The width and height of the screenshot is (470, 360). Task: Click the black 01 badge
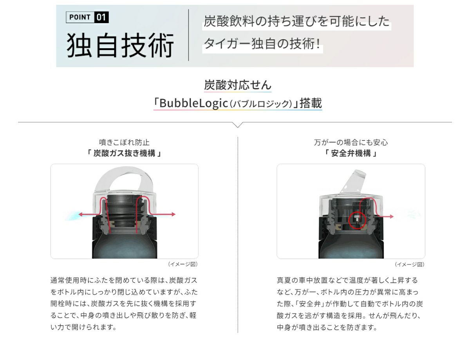101,17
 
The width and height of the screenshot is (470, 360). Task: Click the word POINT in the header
80,17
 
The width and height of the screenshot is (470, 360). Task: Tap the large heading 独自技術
120,45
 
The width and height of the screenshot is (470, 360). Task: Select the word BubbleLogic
194,103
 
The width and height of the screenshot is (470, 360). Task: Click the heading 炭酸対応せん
238,85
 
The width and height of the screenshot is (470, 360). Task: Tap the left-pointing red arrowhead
80,214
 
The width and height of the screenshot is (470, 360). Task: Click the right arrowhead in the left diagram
174,214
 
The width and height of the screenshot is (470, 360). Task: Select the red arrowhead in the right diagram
392,216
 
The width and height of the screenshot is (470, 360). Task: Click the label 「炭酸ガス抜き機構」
124,153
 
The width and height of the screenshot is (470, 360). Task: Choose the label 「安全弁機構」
351,153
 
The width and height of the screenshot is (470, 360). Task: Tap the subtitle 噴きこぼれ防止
124,142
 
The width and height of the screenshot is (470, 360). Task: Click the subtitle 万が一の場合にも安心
351,142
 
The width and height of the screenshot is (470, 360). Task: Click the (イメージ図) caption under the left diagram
183,264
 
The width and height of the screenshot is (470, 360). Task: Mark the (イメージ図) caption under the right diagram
409,265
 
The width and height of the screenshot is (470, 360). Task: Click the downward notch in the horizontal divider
237,125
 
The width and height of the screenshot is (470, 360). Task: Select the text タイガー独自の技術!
262,44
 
